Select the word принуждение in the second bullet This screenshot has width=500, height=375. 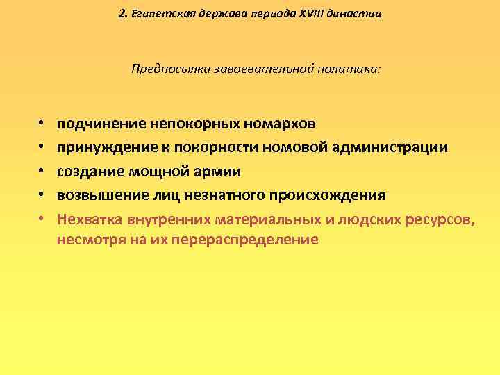103,148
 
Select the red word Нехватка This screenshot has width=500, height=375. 90,219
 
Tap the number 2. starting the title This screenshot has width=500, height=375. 122,14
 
